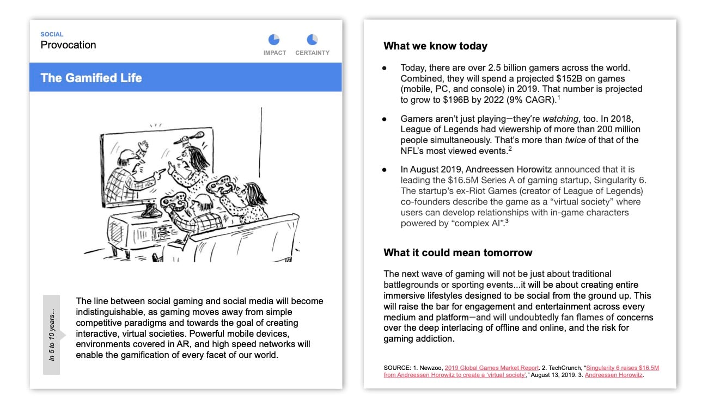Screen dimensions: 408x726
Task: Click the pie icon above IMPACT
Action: click(274, 40)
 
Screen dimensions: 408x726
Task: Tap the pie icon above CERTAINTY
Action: click(312, 40)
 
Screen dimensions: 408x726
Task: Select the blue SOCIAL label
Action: click(52, 34)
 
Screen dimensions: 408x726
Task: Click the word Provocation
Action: click(68, 45)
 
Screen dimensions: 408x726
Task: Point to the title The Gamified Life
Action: click(91, 78)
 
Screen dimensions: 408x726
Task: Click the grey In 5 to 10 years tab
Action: click(52, 335)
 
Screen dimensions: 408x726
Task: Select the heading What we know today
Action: click(435, 46)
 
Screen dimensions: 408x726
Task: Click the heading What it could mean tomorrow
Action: click(457, 252)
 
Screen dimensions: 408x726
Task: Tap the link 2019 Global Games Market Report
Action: click(492, 368)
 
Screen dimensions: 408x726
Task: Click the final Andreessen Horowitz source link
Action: click(614, 375)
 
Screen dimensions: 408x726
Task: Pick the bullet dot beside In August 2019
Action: click(385, 170)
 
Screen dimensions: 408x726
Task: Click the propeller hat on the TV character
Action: click(182, 140)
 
